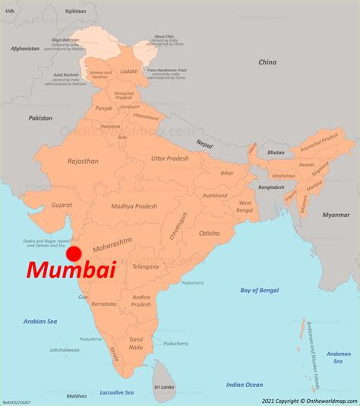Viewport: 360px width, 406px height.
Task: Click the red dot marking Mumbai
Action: pos(74,253)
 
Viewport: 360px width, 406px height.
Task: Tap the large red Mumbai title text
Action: pos(71,271)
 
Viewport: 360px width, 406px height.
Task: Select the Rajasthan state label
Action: pos(82,161)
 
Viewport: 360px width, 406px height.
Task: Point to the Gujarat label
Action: pos(62,205)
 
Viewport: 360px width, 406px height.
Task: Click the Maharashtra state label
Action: pos(111,245)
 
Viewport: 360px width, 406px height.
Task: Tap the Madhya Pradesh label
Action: pos(133,206)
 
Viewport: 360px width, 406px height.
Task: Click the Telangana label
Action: pos(124,267)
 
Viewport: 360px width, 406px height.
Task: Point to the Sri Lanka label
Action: pos(163,387)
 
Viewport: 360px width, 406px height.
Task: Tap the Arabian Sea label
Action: pos(39,322)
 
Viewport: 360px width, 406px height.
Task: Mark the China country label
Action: pos(267,61)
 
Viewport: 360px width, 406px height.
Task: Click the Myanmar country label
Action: pos(336,215)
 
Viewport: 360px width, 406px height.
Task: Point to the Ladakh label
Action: pos(130,71)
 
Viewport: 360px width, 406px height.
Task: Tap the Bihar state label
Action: pos(227,173)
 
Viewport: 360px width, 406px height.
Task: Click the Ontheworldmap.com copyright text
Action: pos(310,400)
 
